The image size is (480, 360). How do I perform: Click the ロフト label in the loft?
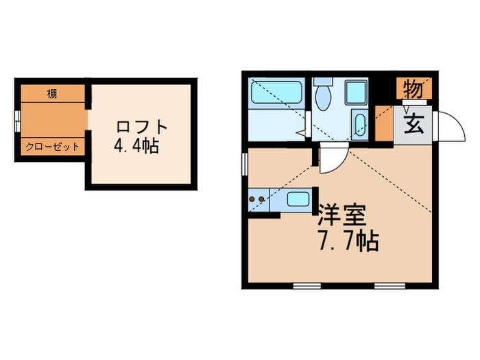point(142,128)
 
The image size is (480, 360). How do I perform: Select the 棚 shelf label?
point(53,93)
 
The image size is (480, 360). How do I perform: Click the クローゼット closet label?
point(53,147)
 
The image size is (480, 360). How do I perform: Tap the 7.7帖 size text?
point(348,243)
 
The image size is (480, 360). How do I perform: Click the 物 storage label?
point(412,88)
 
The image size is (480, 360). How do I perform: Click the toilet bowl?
point(323,97)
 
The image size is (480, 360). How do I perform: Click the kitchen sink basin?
point(296,200)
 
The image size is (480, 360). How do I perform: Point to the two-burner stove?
point(260,200)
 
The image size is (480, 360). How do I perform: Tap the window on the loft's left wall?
point(18,124)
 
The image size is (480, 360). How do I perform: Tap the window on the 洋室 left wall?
point(244,165)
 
